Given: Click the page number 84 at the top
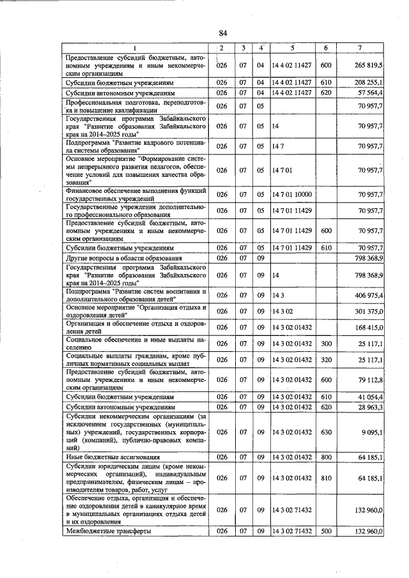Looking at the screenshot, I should coord(222,33).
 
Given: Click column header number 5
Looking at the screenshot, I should coord(291,48).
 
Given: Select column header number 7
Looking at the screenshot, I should coord(360,48).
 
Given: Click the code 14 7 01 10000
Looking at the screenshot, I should coord(291,194).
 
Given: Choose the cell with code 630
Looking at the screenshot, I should coord(326,432).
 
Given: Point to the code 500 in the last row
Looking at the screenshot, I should coord(326,531).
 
